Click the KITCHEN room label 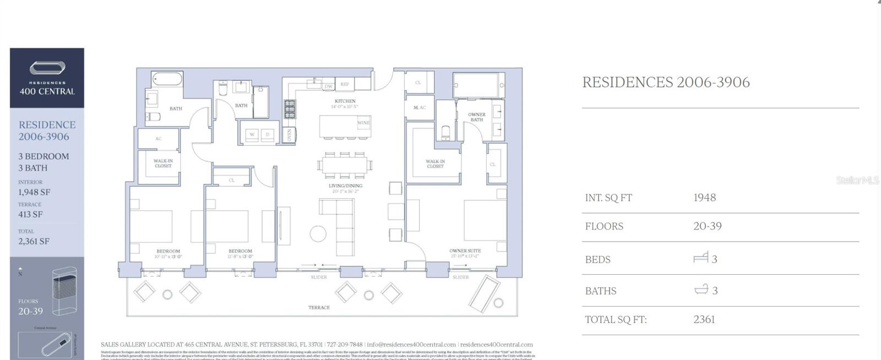click(x=345, y=101)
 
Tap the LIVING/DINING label click(x=346, y=186)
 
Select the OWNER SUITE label click(x=465, y=251)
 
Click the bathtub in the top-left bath click(x=167, y=79)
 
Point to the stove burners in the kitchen click(x=290, y=109)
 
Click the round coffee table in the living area click(x=318, y=233)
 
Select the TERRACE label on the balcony click(x=319, y=308)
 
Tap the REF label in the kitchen click(x=345, y=85)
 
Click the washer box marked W click(x=252, y=134)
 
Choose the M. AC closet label click(x=420, y=108)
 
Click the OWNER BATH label click(x=476, y=117)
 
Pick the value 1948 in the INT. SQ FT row click(x=704, y=198)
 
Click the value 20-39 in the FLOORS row click(x=707, y=226)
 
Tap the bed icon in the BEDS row click(x=700, y=258)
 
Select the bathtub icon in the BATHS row click(x=701, y=289)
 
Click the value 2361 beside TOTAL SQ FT click(x=704, y=319)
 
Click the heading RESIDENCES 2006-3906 click(x=666, y=83)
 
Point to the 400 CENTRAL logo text click(x=47, y=91)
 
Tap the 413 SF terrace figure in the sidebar click(x=30, y=215)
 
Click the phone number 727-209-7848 click(x=345, y=345)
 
